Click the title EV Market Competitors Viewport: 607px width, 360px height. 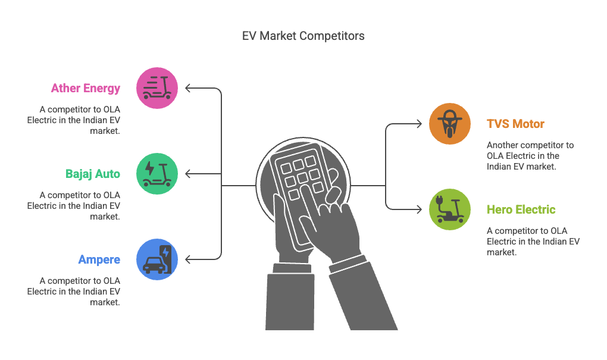[303, 36]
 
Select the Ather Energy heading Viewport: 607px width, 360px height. [86, 88]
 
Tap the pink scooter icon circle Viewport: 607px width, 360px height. [157, 88]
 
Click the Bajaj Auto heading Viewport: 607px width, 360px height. [92, 174]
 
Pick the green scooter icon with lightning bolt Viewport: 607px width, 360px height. [157, 174]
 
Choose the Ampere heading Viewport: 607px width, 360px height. [99, 259]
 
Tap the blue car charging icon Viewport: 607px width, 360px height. [157, 259]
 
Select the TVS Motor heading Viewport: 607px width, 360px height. [515, 124]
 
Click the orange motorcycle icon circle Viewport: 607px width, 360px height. [450, 124]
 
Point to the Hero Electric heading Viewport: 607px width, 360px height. [521, 209]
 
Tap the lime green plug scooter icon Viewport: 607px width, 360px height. [450, 209]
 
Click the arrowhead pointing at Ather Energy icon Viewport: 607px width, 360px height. [187, 88]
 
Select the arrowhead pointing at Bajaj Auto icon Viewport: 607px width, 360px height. [187, 174]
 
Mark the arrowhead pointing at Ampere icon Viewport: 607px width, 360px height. [187, 259]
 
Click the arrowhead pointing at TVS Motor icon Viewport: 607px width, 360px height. [420, 124]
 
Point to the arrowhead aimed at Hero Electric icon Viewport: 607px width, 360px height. [420, 209]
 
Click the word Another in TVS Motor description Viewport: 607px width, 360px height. [502, 145]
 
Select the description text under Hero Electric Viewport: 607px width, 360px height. [533, 242]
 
